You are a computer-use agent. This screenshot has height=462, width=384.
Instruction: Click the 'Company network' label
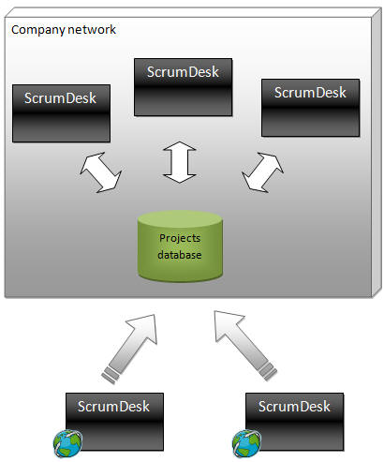click(64, 30)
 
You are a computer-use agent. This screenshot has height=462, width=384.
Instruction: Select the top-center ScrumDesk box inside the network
click(184, 87)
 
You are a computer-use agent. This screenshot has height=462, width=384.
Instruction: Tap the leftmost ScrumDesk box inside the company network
click(61, 113)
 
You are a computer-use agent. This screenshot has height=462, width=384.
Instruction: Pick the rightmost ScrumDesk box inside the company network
click(311, 108)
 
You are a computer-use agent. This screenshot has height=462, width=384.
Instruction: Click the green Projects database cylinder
click(180, 246)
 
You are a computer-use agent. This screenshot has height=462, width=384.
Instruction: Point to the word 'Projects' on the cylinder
click(180, 238)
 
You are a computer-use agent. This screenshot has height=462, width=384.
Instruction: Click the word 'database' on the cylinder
click(180, 255)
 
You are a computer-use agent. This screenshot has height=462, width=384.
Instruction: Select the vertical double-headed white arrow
click(180, 162)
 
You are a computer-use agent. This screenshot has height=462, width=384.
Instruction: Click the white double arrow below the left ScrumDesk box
click(101, 172)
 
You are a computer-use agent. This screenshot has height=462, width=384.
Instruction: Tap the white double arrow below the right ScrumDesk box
click(262, 172)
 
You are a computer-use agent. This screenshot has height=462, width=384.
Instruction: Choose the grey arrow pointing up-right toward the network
click(129, 349)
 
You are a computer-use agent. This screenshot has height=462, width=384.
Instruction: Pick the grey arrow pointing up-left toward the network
click(245, 345)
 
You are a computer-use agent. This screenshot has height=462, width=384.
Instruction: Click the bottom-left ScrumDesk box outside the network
click(114, 422)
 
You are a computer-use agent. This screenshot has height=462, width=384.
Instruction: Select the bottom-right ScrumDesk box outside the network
click(295, 422)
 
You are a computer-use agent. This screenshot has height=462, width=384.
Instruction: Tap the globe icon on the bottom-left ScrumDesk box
click(67, 443)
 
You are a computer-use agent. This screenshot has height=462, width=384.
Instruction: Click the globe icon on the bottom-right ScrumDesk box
click(246, 443)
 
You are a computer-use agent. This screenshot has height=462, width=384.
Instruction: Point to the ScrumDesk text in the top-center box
click(183, 72)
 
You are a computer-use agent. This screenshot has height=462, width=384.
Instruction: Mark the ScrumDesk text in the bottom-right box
click(294, 407)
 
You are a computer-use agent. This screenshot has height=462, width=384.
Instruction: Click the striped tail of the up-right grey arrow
click(111, 375)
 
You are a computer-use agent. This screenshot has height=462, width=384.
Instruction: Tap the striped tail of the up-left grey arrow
click(268, 372)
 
